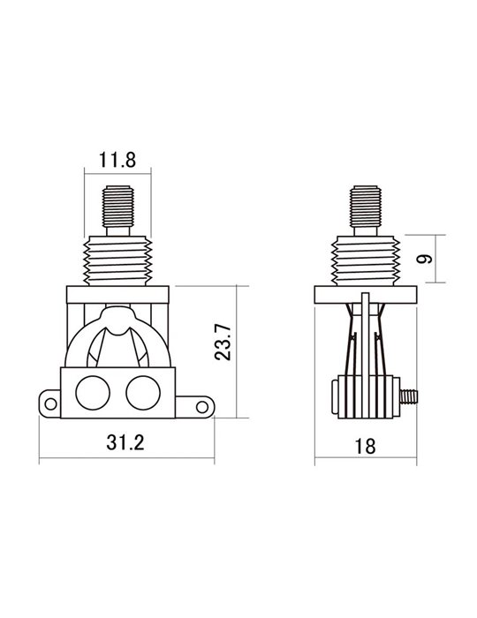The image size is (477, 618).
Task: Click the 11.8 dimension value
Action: pyautogui.click(x=117, y=160)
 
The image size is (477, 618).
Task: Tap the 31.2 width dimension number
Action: pyautogui.click(x=125, y=442)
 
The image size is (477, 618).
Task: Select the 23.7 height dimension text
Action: pyautogui.click(x=223, y=343)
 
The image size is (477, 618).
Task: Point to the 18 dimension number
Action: pyautogui.click(x=365, y=447)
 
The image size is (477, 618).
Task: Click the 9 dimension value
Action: pyautogui.click(x=425, y=259)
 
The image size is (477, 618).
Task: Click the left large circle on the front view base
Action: pyautogui.click(x=93, y=393)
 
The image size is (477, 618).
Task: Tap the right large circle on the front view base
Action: pyautogui.click(x=143, y=393)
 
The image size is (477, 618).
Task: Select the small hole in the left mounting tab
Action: pyautogui.click(x=50, y=403)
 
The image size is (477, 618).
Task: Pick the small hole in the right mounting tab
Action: pyautogui.click(x=202, y=407)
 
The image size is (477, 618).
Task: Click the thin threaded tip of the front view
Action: pyautogui.click(x=117, y=207)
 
